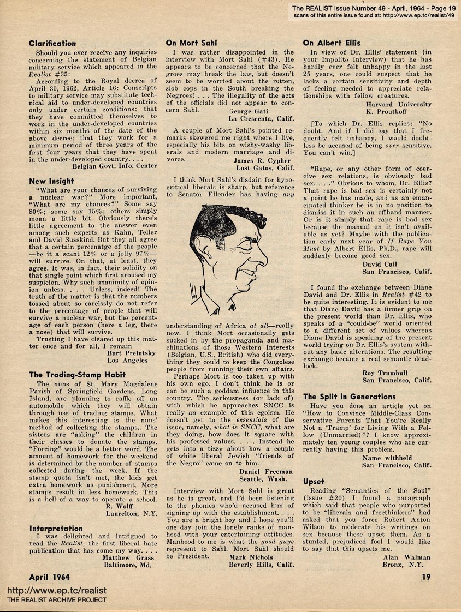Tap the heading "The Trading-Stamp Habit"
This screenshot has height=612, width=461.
click(x=77, y=375)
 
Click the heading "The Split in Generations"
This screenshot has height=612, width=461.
click(x=349, y=397)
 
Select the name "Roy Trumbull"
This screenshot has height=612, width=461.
click(x=388, y=373)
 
